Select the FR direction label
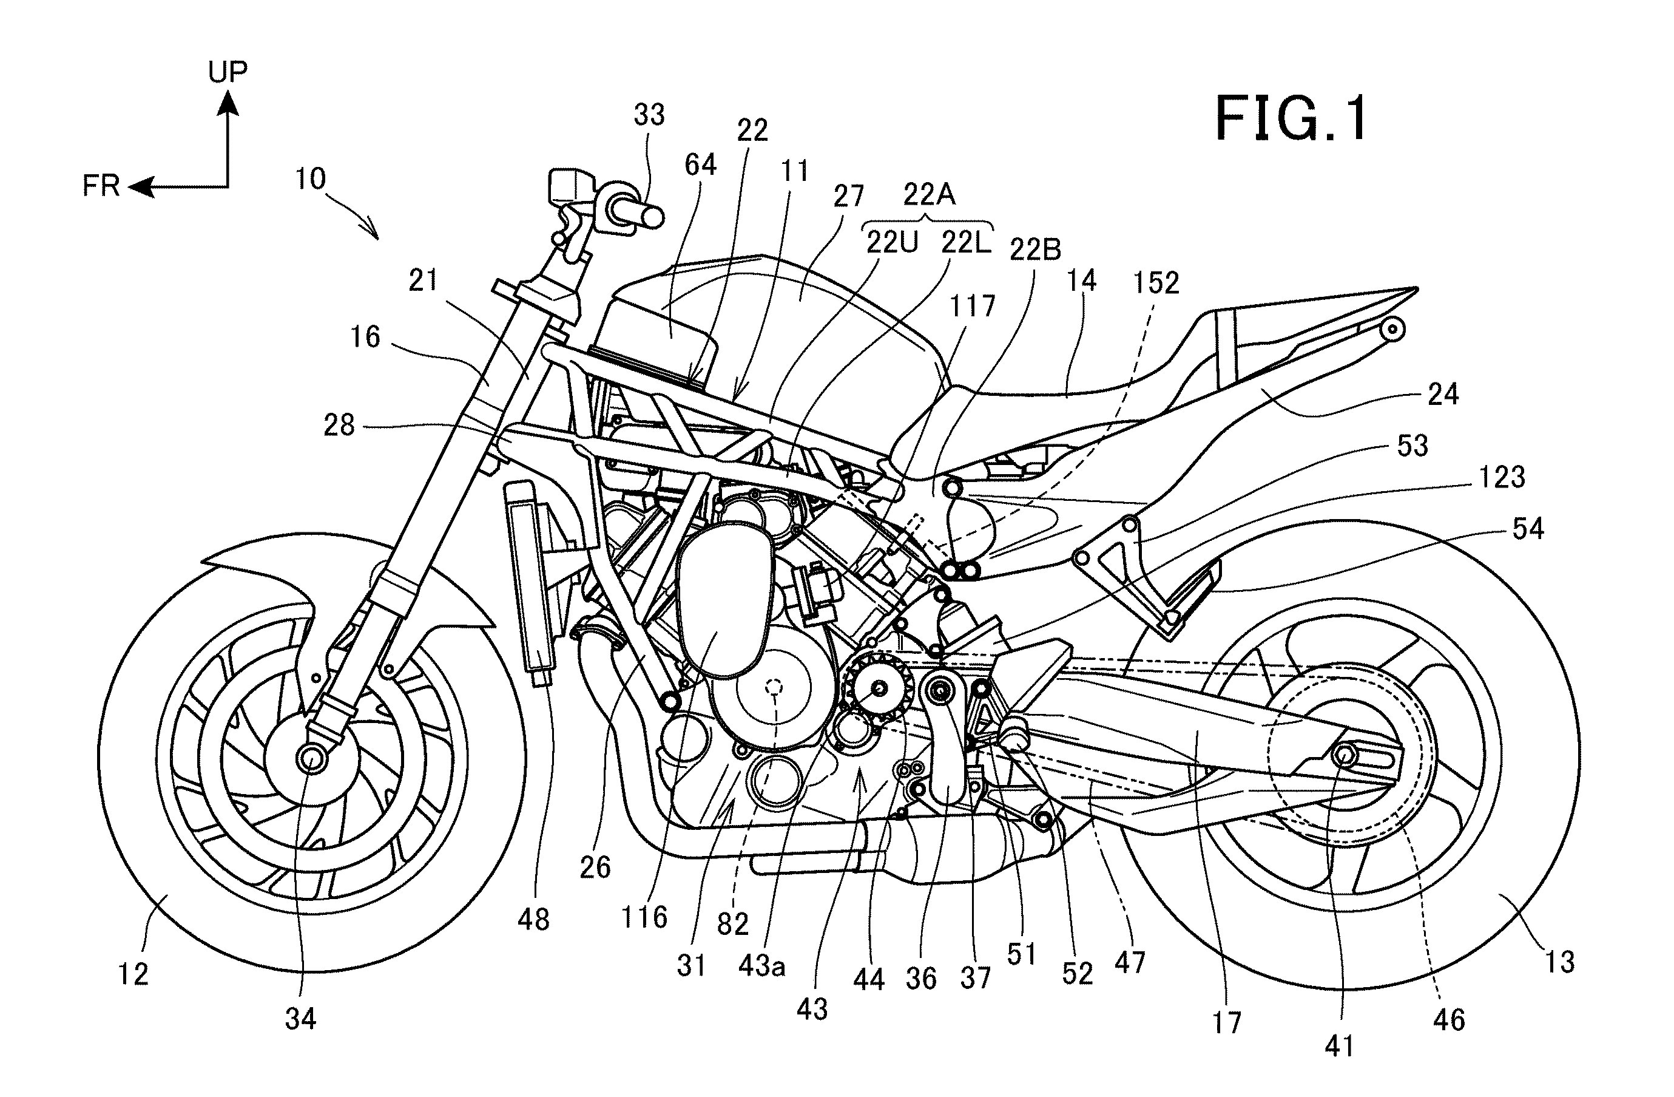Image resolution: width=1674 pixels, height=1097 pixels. (x=101, y=186)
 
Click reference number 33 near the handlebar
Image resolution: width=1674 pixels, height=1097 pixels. (x=649, y=115)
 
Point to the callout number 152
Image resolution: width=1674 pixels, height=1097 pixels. (x=1156, y=283)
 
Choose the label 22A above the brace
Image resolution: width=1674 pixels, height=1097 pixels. (x=928, y=194)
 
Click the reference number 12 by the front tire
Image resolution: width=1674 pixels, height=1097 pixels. (x=133, y=974)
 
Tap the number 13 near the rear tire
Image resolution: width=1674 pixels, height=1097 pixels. (x=1559, y=961)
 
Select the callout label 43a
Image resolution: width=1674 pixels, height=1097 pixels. (x=761, y=966)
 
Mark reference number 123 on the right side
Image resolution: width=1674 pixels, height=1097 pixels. (x=1502, y=478)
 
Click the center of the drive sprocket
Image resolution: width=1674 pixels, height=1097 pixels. (x=879, y=689)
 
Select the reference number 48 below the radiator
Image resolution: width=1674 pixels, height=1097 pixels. (x=533, y=919)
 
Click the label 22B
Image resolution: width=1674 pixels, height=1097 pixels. (x=1035, y=249)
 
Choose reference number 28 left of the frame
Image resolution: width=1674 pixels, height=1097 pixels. (x=339, y=425)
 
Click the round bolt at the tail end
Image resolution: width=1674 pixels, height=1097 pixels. (x=1392, y=329)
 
